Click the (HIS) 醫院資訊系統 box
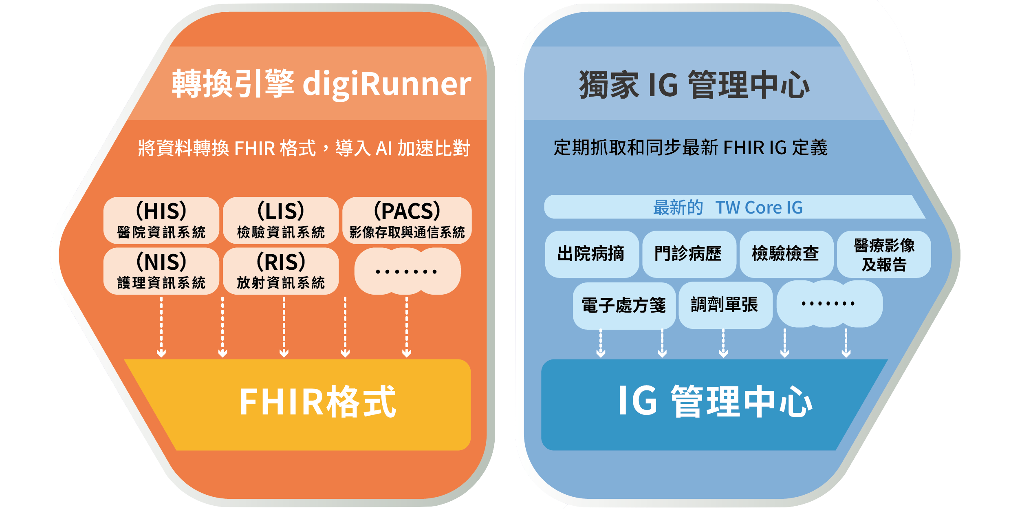[161, 220]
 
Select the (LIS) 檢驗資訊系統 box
[281, 220]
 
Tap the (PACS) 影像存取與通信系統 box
[407, 220]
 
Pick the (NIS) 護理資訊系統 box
[161, 271]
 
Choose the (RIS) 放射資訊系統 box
[281, 271]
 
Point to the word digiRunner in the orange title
[387, 84]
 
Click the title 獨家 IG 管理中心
[694, 85]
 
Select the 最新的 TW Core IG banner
[728, 207]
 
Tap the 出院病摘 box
[591, 254]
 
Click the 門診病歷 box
[689, 254]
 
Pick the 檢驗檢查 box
[786, 254]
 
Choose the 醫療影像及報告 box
[883, 255]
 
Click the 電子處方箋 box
[624, 305]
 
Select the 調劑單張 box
[725, 305]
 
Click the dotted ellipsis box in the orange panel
[407, 271]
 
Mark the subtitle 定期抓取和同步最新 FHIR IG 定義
[690, 148]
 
